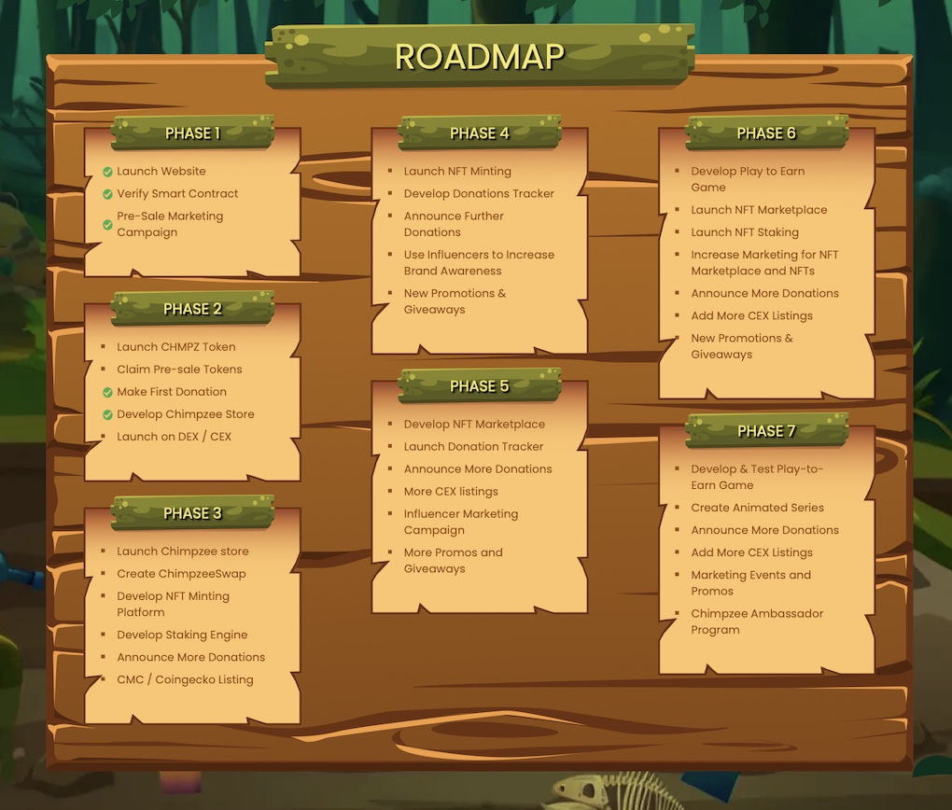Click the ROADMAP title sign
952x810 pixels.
pos(480,57)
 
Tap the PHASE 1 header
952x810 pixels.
pos(192,133)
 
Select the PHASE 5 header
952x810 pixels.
pos(480,385)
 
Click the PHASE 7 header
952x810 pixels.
pos(766,430)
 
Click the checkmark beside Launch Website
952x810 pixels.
pos(107,172)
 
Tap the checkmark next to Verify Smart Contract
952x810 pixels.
pos(107,194)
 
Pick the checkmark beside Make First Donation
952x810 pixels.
pos(107,392)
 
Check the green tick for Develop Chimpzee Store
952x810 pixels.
pos(107,414)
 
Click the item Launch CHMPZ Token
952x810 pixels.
pos(176,347)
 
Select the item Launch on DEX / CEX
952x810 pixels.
pos(175,437)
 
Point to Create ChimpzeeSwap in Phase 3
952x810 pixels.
pos(182,574)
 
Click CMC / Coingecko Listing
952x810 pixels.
pos(185,679)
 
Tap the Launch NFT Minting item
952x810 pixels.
pos(457,171)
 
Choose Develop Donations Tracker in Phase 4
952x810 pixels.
pos(479,194)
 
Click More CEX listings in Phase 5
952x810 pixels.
pos(451,491)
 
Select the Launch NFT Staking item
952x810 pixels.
pos(745,232)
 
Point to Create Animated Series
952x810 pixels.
pos(758,508)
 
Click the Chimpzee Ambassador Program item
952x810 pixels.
pos(757,621)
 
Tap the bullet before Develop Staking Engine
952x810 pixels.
pos(104,635)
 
